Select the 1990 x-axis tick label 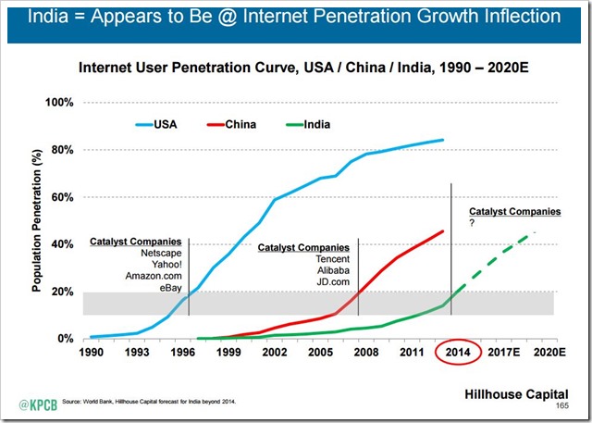pyautogui.click(x=91, y=354)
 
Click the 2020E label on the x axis pyautogui.click(x=548, y=354)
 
